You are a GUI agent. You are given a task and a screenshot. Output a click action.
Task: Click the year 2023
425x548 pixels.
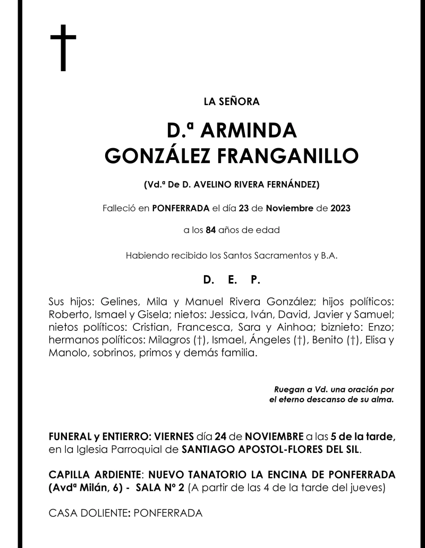(339, 208)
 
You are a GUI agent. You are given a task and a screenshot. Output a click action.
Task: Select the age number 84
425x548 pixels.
(211, 230)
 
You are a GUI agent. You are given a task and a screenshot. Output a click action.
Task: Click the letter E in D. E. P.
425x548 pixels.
(232, 279)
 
